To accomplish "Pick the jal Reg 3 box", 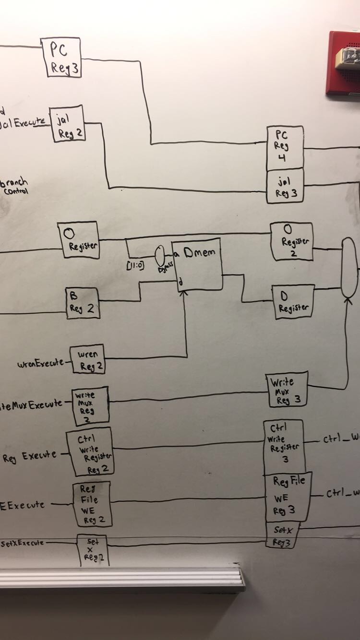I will coord(285,186).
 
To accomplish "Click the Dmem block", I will coord(198,264).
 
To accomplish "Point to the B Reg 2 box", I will coord(83,303).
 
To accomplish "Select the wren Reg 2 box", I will coord(87,360).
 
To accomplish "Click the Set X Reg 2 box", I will coord(92,550).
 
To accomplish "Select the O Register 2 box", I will coord(291,241).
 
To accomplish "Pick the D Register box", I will coord(293,301).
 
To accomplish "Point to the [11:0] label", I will coord(135,265).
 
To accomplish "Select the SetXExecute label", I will coord(22,543).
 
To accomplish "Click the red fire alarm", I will coord(343,62).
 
